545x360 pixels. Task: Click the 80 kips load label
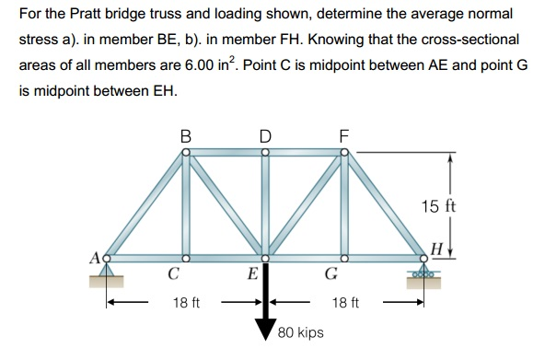tap(301, 331)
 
